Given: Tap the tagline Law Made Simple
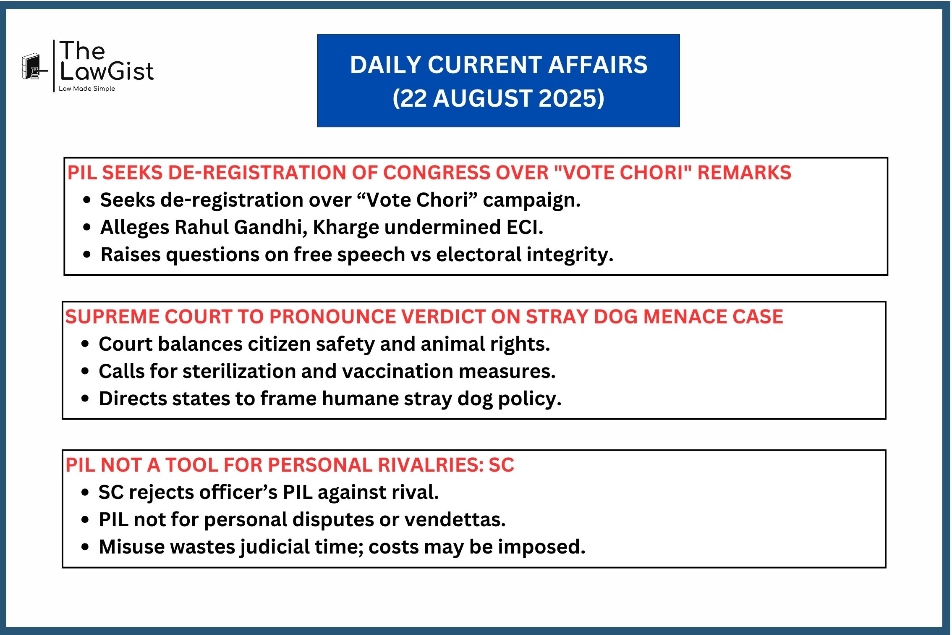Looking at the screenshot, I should [87, 89].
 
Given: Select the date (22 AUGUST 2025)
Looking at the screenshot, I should [498, 98].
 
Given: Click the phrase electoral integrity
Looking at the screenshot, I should [525, 255].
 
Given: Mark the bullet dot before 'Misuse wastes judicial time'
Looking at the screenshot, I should [86, 547].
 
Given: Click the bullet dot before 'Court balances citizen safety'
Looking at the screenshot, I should [86, 344].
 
